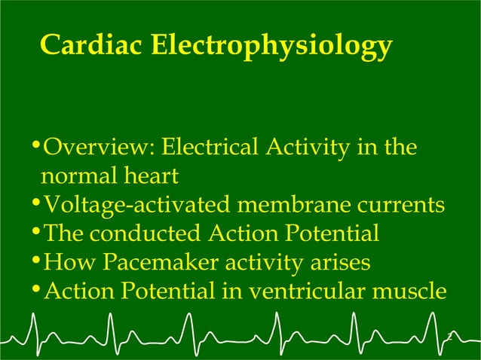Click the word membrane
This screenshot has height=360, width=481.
tap(292, 205)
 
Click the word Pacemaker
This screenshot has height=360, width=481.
tap(160, 263)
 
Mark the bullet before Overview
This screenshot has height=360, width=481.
tap(38, 145)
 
